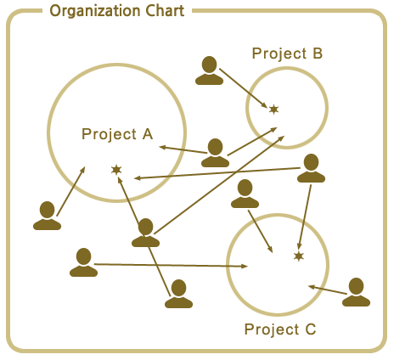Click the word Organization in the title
(x=94, y=11)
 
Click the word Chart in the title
(x=165, y=11)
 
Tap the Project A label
(x=117, y=134)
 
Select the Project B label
(x=287, y=53)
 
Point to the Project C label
(x=280, y=329)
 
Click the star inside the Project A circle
(x=116, y=170)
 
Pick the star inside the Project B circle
(x=273, y=110)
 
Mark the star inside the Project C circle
(x=299, y=256)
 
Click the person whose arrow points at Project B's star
(x=209, y=70)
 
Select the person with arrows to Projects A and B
(x=215, y=153)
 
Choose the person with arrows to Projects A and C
(x=311, y=168)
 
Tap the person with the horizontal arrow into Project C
(x=83, y=262)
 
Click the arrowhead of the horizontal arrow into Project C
(x=245, y=266)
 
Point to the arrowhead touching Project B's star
(x=264, y=104)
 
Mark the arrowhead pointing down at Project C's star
(x=300, y=246)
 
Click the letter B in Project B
(x=318, y=53)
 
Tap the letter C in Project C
(x=311, y=329)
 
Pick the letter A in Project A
(x=148, y=134)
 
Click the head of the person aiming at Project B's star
(x=210, y=65)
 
